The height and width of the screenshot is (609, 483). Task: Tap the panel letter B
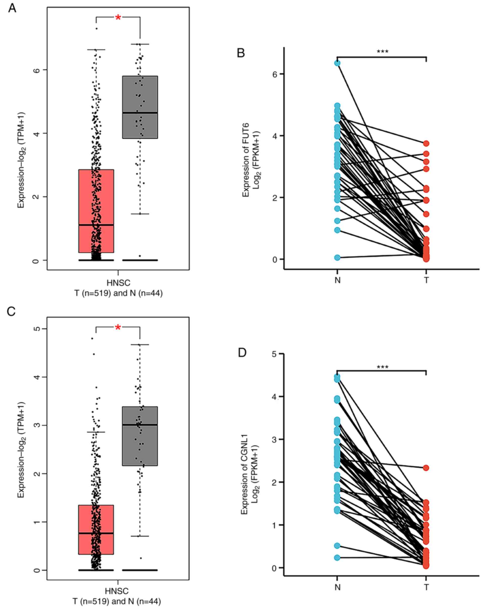[241, 53]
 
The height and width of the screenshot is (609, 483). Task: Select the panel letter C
[11, 311]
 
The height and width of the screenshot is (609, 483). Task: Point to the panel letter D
[242, 353]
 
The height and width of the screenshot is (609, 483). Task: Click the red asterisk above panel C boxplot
[118, 328]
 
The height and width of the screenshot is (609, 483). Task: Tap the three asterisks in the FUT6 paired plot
[383, 52]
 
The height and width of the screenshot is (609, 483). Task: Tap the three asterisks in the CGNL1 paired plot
[383, 368]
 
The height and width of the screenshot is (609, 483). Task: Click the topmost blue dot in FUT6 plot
[337, 63]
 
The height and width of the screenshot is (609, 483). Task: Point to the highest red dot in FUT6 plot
[426, 143]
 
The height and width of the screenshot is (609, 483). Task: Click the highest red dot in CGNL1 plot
[426, 468]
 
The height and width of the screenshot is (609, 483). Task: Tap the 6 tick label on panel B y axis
[275, 74]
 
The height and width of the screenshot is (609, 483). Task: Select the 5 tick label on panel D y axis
[274, 354]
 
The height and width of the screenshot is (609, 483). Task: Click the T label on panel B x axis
[426, 280]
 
